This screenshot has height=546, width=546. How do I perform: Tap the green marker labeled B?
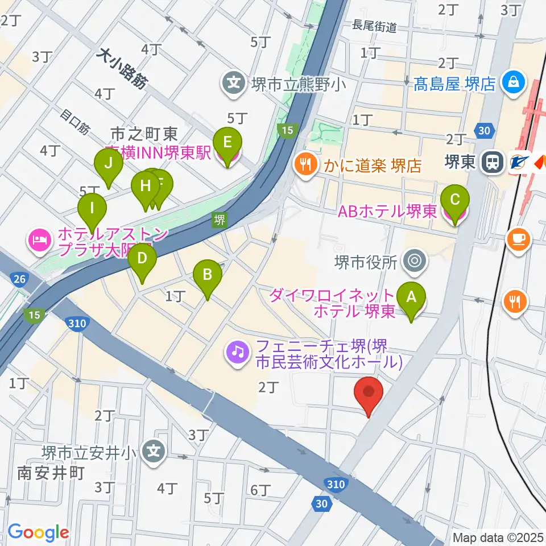tap(208, 277)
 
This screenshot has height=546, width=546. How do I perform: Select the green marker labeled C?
tap(455, 202)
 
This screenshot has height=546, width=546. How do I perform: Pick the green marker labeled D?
tap(142, 260)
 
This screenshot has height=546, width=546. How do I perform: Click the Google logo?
tap(38, 533)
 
